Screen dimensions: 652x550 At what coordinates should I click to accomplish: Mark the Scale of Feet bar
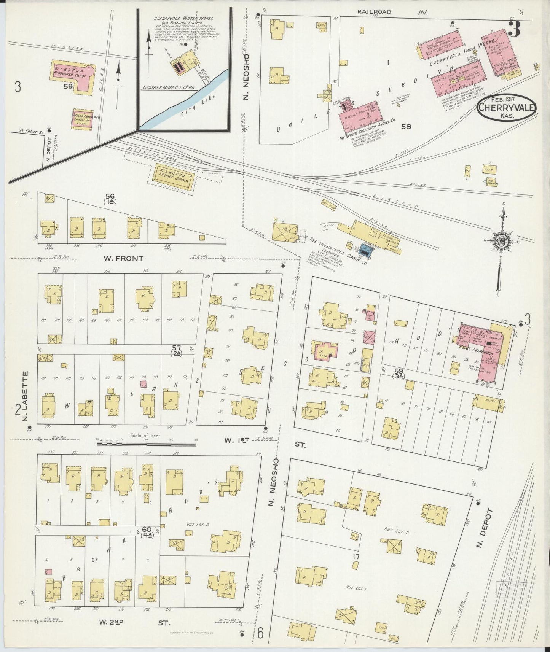point(147,443)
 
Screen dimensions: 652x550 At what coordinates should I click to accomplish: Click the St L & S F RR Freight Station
point(174,177)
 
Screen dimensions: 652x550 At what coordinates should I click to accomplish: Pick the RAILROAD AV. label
point(392,12)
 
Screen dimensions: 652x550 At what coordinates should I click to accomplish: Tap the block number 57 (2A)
point(176,350)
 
